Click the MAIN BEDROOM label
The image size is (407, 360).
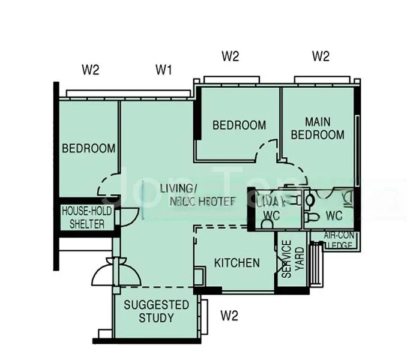[318, 128]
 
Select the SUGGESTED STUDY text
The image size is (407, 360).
[156, 311]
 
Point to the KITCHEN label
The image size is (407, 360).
[237, 263]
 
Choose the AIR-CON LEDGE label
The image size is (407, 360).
[340, 240]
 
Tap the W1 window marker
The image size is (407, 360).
[164, 70]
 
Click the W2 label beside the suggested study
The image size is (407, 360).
[230, 314]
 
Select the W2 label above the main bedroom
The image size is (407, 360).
[321, 57]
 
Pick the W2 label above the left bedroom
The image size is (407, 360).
[91, 70]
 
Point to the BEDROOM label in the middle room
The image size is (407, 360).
[239, 125]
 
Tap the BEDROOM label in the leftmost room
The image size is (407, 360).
[88, 148]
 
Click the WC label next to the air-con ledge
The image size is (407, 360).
[334, 215]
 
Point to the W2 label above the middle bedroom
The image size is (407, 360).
[231, 57]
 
